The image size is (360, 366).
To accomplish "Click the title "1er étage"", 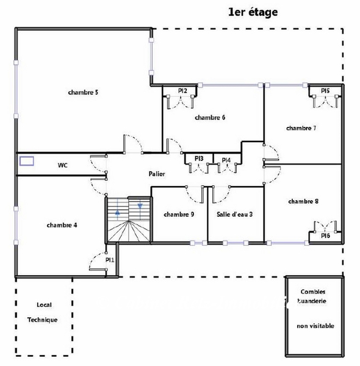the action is pos(253,12).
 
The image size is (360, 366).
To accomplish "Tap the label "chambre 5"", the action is pos(83,93).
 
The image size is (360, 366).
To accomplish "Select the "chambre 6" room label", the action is pos(210,117).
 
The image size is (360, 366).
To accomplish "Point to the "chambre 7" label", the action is pos(301,128).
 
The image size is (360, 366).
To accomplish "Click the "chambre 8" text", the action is pos(303,201).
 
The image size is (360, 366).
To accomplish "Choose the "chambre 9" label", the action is pos(179,214).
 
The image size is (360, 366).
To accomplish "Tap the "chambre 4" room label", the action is pos(62,225).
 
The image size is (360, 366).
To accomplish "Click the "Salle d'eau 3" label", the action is pos(235,214).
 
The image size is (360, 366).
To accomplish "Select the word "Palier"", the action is pos(157,174).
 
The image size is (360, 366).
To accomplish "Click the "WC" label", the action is pos(63,165).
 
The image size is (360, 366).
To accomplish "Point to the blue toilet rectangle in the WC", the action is pos(27,161).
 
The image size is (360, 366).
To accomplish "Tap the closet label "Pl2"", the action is pos(182,90).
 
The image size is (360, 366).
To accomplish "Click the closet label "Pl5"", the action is pos(325,90).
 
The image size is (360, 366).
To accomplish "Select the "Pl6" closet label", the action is pos(325,235).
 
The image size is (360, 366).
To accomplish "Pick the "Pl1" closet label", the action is pos(110,260).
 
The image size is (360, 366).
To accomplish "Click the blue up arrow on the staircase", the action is pos(118,212).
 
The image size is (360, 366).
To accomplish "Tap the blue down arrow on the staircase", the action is pos(140,206).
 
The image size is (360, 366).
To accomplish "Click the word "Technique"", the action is pos(42,320).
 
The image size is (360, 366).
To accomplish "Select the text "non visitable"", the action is pos(315,326).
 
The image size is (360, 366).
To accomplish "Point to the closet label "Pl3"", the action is pos(199,159).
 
